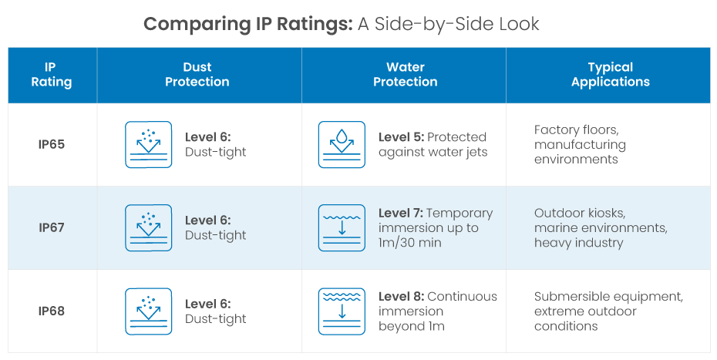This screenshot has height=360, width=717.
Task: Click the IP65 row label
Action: pyautogui.click(x=52, y=145)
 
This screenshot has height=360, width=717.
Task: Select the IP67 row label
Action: pyautogui.click(x=52, y=228)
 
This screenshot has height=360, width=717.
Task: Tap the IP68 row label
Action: pyautogui.click(x=52, y=311)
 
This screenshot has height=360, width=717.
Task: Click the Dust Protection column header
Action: pyautogui.click(x=197, y=75)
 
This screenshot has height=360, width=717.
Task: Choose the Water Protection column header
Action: pyautogui.click(x=405, y=75)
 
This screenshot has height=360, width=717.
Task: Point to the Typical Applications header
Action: pyautogui.click(x=610, y=75)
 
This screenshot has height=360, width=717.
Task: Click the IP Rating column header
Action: pyautogui.click(x=52, y=75)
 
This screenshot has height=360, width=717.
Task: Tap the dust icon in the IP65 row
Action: pyautogui.click(x=148, y=145)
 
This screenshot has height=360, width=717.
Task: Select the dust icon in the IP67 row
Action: pyautogui.click(x=148, y=228)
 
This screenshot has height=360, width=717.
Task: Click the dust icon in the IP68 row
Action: pyautogui.click(x=148, y=311)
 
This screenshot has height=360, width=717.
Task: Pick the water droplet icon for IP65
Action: pyautogui.click(x=342, y=145)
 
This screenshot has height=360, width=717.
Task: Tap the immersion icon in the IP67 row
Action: pyautogui.click(x=342, y=228)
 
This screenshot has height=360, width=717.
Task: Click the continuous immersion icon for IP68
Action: pyautogui.click(x=342, y=311)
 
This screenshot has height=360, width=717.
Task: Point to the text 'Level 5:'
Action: pyautogui.click(x=401, y=137)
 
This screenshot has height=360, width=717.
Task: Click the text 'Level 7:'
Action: pyautogui.click(x=401, y=214)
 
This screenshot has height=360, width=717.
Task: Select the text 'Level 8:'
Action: pyautogui.click(x=401, y=297)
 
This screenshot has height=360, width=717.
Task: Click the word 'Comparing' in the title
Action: pyautogui.click(x=197, y=24)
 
